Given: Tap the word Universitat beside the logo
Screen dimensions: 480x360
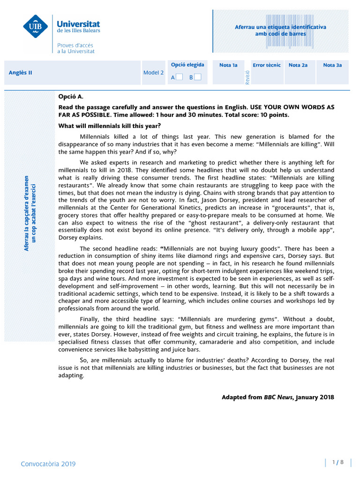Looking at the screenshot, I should pyautogui.click(x=78, y=23).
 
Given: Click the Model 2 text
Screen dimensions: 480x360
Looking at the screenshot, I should pyautogui.click(x=153, y=73).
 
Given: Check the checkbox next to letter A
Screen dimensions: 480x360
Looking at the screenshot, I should pyautogui.click(x=180, y=77).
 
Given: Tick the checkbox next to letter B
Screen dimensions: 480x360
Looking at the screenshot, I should pyautogui.click(x=198, y=77).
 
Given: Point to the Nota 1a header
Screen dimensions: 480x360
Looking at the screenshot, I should pyautogui.click(x=228, y=65).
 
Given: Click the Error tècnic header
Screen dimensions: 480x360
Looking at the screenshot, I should pyautogui.click(x=266, y=65).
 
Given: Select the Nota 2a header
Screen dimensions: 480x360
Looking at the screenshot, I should pyautogui.click(x=298, y=65).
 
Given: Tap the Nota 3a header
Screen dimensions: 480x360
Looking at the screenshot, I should pyautogui.click(x=332, y=65).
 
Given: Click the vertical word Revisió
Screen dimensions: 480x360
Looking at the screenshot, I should pyautogui.click(x=247, y=77).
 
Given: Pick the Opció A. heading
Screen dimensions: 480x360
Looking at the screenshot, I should pyautogui.click(x=70, y=97).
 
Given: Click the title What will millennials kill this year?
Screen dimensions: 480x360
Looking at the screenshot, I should pyautogui.click(x=109, y=126).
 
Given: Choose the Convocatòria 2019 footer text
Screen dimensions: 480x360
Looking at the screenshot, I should pyautogui.click(x=48, y=464).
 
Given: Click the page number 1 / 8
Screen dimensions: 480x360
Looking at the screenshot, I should pyautogui.click(x=338, y=462).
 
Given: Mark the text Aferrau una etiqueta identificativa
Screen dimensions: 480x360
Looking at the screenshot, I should pyautogui.click(x=280, y=27).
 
